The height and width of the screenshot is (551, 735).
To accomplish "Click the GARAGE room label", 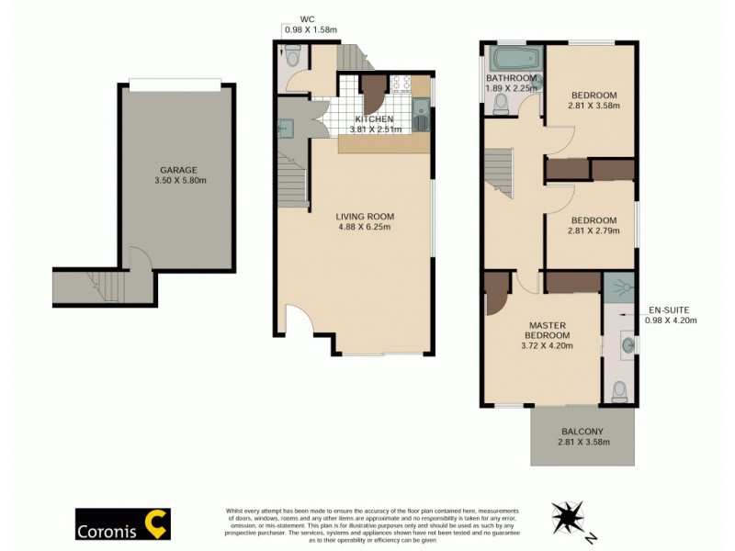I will pyautogui.click(x=177, y=170).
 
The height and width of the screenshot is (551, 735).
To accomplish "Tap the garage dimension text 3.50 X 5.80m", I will pyautogui.click(x=177, y=182).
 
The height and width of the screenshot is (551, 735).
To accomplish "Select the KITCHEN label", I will pyautogui.click(x=375, y=119).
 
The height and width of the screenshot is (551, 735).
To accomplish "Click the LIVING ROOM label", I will pyautogui.click(x=365, y=217).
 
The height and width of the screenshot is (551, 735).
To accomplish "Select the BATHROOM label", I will pyautogui.click(x=511, y=78).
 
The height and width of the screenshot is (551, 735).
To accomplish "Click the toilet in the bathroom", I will pyautogui.click(x=502, y=107).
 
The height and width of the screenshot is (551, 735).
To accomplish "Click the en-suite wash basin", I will pyautogui.click(x=627, y=345).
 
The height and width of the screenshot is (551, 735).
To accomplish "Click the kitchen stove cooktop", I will pyautogui.click(x=401, y=84).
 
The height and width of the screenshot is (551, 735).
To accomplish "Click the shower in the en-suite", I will pyautogui.click(x=618, y=286).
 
